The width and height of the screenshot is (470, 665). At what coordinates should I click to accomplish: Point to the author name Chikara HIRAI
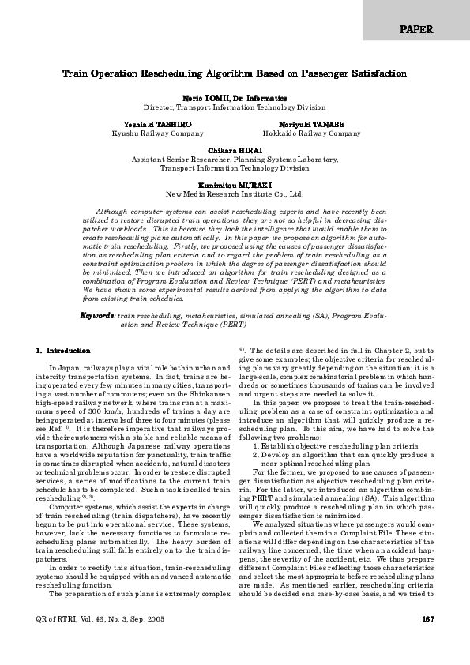click(x=235, y=150)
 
